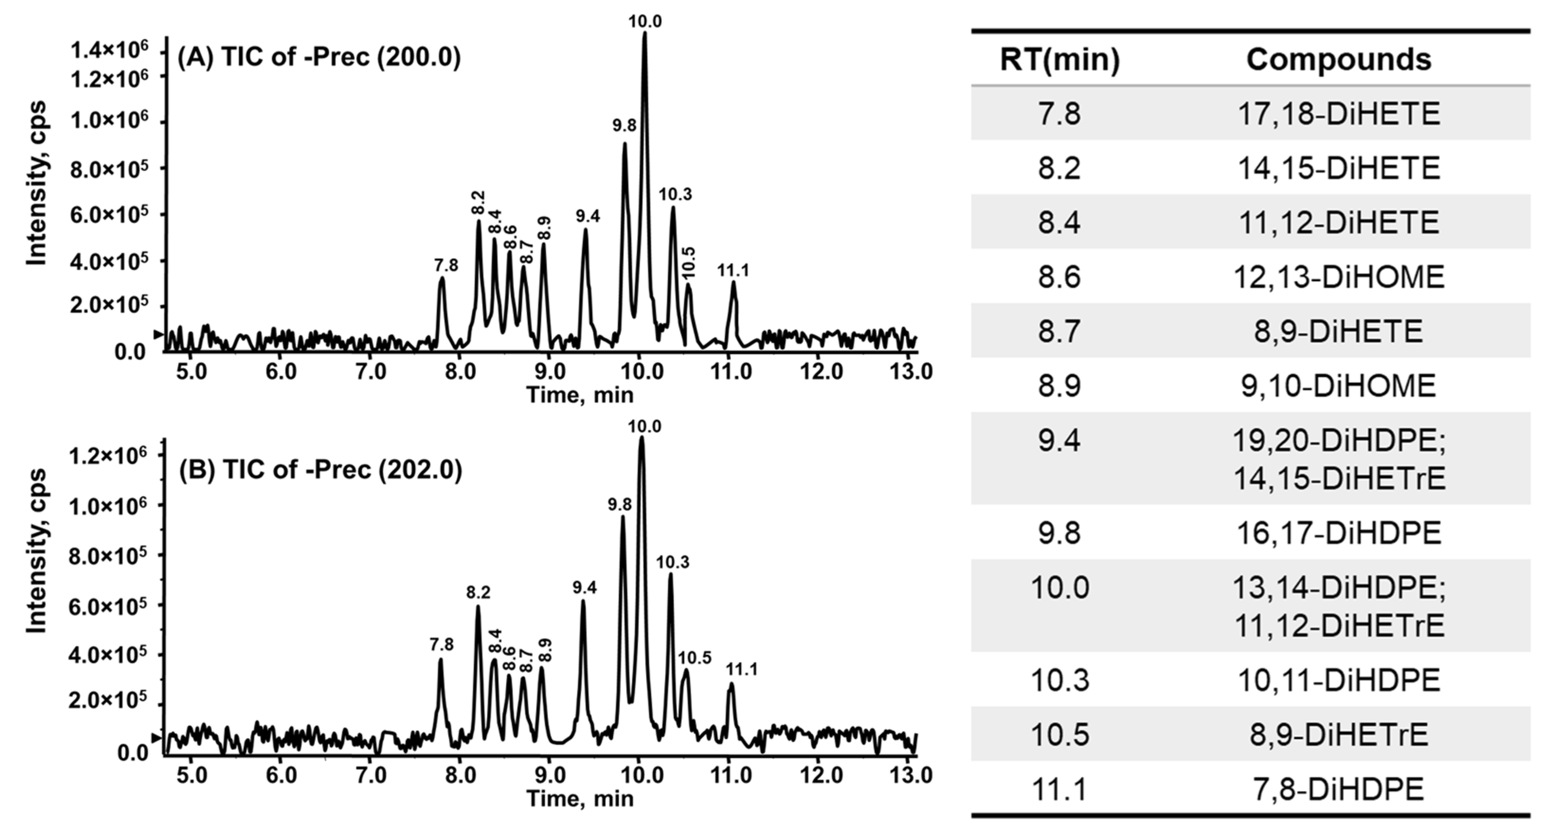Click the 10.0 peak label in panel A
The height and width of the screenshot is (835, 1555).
645,22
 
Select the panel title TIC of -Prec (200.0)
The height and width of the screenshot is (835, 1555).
319,58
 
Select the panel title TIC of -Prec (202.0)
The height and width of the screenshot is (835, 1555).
320,470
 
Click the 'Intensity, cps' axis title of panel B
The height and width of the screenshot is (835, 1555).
36,550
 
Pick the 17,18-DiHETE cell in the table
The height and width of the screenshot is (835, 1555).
1338,114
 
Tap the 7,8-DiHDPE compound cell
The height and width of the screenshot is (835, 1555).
1338,789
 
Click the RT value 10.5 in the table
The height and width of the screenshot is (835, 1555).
1059,735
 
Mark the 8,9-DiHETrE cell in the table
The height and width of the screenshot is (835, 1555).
1338,735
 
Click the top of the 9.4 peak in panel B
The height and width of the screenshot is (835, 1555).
583,601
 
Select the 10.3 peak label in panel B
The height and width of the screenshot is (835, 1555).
673,562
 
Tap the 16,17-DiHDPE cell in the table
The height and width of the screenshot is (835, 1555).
1338,533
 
